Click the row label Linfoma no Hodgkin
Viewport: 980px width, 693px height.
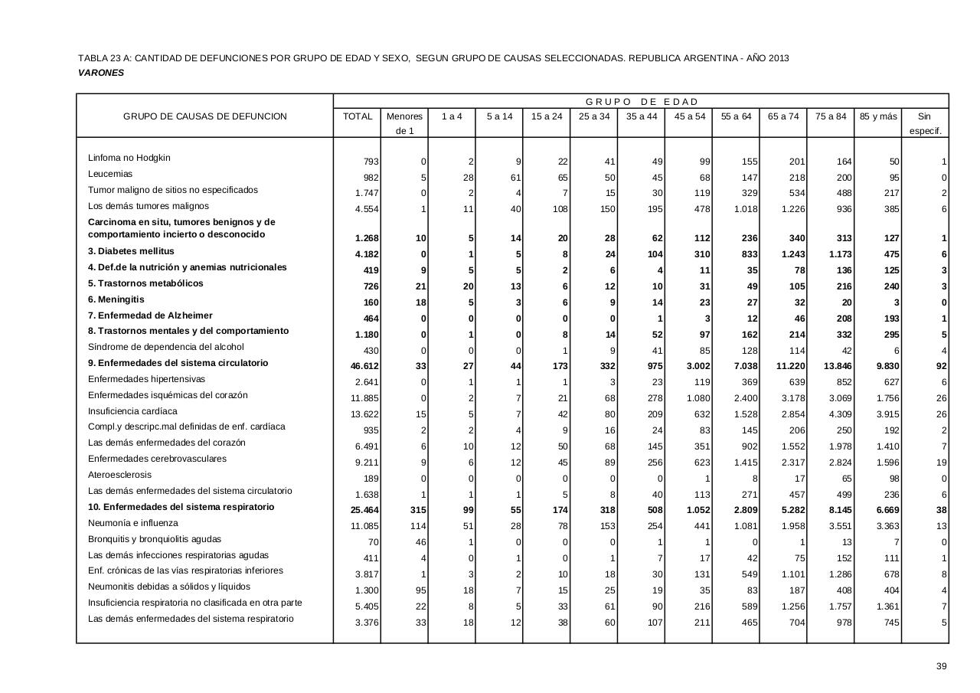pos(129,158)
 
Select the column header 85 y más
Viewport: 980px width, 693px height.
pos(877,116)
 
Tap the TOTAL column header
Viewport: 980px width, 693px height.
pos(358,116)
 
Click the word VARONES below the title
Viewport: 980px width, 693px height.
pos(101,73)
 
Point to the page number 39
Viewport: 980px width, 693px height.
pos(942,666)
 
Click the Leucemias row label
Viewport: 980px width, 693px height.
pos(110,174)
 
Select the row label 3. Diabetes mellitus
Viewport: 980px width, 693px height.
pos(131,251)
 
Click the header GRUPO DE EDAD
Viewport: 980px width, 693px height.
pos(642,102)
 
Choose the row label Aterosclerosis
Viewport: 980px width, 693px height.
pos(121,475)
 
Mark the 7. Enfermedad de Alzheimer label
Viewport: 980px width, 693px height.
pos(150,315)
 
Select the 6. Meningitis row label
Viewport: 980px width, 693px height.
pos(116,299)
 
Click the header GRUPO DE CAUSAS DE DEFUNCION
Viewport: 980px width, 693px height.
pos(205,116)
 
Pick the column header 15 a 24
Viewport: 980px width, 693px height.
pos(547,116)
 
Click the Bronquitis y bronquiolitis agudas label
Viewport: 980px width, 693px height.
pos(155,539)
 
